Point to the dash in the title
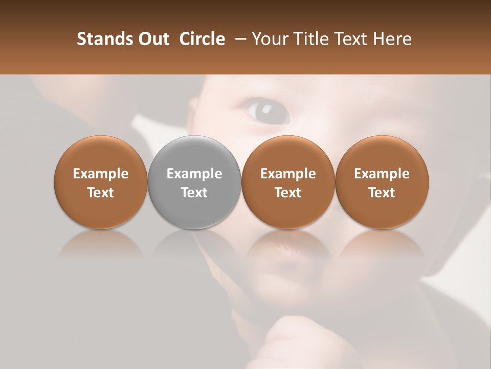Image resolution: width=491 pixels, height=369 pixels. pos(238,39)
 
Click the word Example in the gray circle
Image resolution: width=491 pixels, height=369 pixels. pos(194,174)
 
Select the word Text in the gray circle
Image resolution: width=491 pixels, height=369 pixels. pos(194,193)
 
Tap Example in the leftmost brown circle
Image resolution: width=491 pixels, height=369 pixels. pos(101,174)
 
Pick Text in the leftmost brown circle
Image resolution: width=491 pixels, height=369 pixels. pos(101,193)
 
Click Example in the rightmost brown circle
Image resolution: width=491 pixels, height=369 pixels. pos(382,174)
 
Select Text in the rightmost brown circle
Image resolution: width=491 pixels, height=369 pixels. pos(382,193)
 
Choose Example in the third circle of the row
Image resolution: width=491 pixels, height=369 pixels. pos(288,174)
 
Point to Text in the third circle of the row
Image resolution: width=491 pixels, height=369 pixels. pos(288,193)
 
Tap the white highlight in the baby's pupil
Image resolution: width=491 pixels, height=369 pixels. pos(267,108)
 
